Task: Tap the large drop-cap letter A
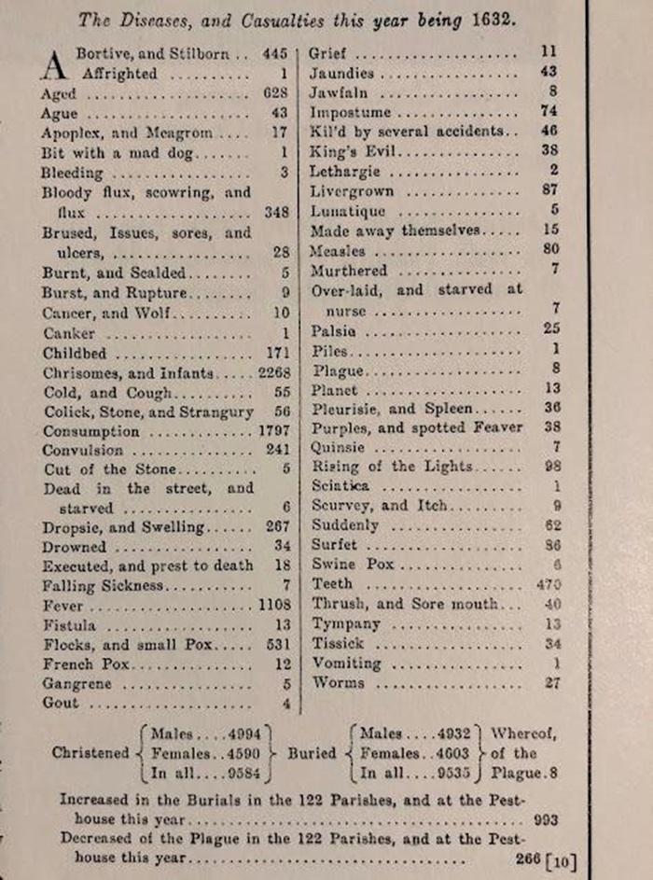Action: (56, 65)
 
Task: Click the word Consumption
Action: (90, 431)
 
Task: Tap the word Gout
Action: (60, 703)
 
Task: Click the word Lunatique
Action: (347, 211)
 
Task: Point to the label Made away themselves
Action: (396, 230)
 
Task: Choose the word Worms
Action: (332, 682)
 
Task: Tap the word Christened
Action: (90, 752)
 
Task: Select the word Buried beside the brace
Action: (314, 752)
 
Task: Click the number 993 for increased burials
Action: (546, 820)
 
